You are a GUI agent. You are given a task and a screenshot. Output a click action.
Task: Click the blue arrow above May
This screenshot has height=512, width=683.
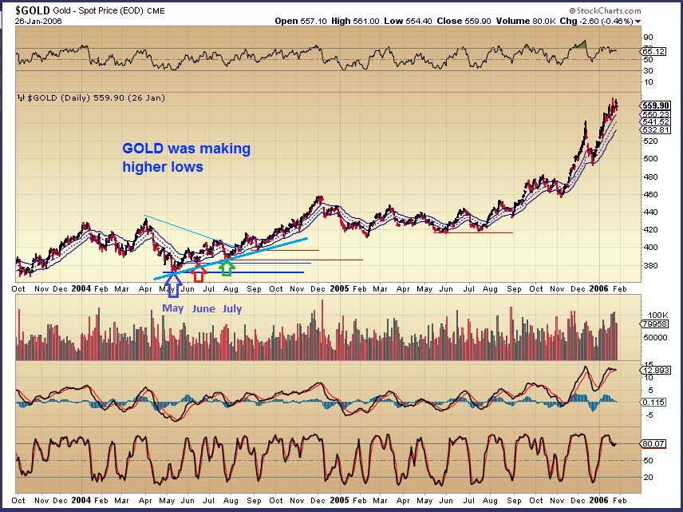173,284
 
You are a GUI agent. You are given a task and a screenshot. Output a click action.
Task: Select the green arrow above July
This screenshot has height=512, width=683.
227,268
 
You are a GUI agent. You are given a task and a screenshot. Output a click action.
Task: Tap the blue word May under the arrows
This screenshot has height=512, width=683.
172,308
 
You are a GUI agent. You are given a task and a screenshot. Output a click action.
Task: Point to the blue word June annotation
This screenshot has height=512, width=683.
203,308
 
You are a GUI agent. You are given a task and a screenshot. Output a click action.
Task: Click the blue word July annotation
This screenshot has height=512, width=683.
231,308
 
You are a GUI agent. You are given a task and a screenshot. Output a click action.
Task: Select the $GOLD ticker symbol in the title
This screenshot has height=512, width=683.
34,9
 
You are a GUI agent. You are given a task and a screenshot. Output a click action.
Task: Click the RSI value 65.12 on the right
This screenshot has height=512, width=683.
653,50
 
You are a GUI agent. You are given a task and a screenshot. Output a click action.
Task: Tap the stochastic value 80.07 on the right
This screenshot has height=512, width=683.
653,444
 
